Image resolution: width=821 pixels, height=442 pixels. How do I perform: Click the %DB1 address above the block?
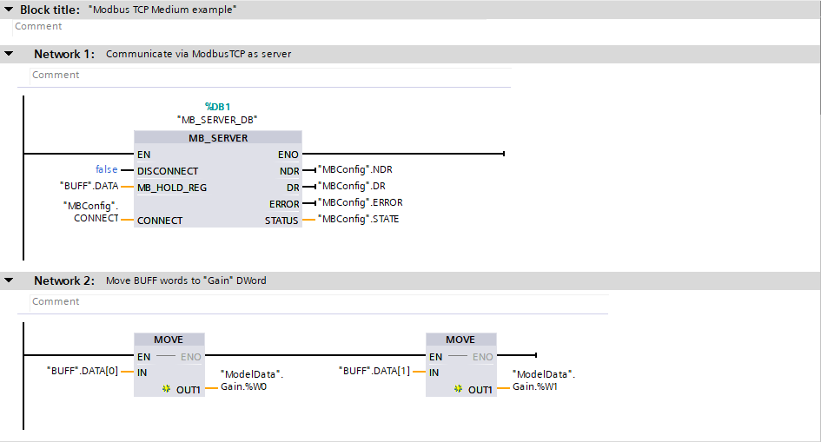[x=217, y=106]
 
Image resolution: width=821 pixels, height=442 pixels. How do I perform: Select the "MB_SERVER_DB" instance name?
[x=217, y=120]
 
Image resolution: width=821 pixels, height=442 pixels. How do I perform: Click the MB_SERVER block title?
[x=218, y=138]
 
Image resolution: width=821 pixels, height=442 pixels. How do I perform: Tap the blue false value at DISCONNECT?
[x=106, y=170]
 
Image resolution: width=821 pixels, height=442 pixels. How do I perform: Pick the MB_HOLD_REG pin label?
[x=172, y=187]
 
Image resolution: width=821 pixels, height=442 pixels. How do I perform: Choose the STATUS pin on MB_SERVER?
[x=281, y=221]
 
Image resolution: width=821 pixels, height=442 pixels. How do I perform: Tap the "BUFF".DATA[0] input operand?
[x=82, y=372]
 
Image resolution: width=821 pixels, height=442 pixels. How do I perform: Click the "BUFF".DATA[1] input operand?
[x=374, y=372]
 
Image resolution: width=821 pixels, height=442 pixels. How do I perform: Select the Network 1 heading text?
[x=64, y=54]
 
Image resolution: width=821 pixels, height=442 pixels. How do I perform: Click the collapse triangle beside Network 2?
[x=9, y=280]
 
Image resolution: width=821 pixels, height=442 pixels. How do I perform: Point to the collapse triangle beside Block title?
[x=8, y=10]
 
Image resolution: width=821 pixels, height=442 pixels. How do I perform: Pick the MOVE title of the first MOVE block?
[x=169, y=340]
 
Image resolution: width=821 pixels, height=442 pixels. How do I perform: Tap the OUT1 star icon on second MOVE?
[x=459, y=390]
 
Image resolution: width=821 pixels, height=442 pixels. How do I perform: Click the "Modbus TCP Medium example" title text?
[x=162, y=10]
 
